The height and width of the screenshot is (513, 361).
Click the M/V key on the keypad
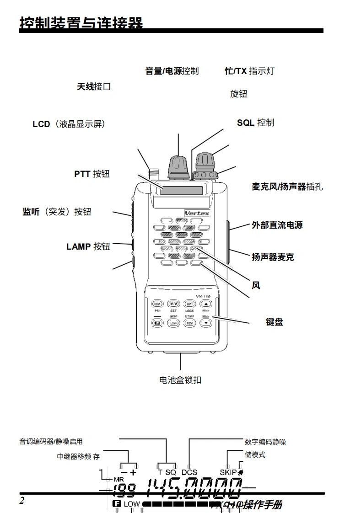173,304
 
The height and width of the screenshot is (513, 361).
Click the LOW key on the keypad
173,323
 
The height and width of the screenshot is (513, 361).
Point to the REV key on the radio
190,323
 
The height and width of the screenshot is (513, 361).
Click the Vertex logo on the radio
196,212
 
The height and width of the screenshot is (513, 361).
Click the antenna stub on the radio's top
153,174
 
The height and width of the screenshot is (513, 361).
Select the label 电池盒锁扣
180,380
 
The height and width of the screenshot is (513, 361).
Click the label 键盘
275,322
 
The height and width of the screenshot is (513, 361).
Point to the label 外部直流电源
277,225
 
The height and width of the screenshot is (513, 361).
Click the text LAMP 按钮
88,247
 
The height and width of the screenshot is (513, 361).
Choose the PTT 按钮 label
92,174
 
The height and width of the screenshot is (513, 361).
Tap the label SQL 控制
255,123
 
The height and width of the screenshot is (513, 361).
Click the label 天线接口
94,86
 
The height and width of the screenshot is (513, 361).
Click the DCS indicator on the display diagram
189,472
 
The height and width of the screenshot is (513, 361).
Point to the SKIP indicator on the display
228,472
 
